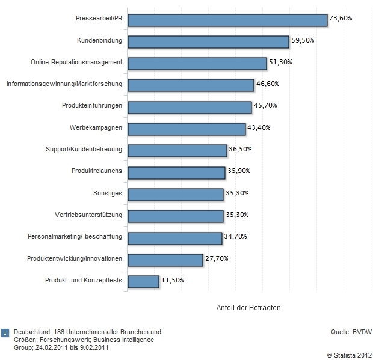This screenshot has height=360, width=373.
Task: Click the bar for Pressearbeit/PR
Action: pyautogui.click(x=228, y=20)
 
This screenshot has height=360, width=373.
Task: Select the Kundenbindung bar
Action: pyautogui.click(x=209, y=41)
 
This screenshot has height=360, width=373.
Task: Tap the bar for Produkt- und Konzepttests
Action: pyautogui.click(x=144, y=281)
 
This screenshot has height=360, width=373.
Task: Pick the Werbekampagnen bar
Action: pyautogui.click(x=187, y=129)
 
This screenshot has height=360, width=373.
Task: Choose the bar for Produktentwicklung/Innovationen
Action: pyautogui.click(x=165, y=259)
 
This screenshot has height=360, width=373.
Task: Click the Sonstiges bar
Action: pyautogui.click(x=176, y=194)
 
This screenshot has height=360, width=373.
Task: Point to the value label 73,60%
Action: pyautogui.click(x=341, y=19)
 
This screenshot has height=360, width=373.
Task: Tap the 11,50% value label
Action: pyautogui.click(x=173, y=280)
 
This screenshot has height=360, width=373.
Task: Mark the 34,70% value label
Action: pyautogui.click(x=235, y=237)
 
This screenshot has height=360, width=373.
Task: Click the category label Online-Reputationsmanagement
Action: pyautogui.click(x=76, y=63)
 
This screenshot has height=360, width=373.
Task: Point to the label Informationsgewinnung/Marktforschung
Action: pyautogui.click(x=64, y=84)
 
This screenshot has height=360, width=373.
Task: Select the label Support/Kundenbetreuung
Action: pyautogui.click(x=84, y=150)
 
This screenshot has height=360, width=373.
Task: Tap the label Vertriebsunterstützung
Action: pyautogui.click(x=88, y=215)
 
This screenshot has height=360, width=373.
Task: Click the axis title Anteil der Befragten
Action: pyautogui.click(x=248, y=307)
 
